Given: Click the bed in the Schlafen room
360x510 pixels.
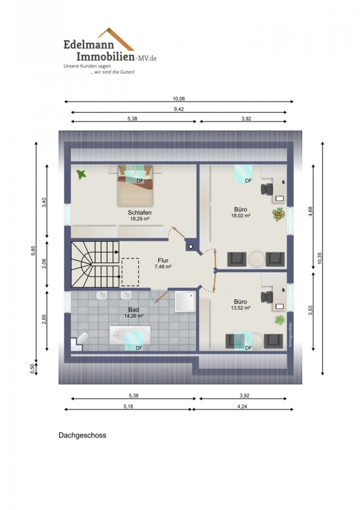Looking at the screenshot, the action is pyautogui.click(x=135, y=186).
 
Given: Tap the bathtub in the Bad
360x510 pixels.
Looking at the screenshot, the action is pyautogui.click(x=130, y=335).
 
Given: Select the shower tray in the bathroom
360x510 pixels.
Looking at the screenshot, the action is pyautogui.click(x=185, y=302).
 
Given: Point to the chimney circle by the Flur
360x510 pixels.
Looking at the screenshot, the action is pyautogui.click(x=191, y=247).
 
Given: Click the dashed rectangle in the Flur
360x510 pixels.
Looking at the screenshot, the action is pyautogui.click(x=130, y=272).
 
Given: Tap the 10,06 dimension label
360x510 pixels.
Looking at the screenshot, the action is pyautogui.click(x=179, y=99).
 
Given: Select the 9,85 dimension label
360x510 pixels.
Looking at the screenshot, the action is pyautogui.click(x=33, y=251).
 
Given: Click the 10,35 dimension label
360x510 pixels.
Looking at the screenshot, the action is pyautogui.click(x=320, y=258).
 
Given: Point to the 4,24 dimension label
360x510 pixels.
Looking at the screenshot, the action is pyautogui.click(x=242, y=406).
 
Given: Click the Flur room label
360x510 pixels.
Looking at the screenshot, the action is pyautogui.click(x=163, y=260).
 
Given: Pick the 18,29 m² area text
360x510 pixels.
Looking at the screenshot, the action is pyautogui.click(x=139, y=219).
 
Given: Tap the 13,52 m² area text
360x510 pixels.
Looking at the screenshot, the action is pyautogui.click(x=241, y=308).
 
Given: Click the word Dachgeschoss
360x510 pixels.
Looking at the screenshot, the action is pyautogui.click(x=82, y=435).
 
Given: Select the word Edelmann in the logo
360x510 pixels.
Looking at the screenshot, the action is pyautogui.click(x=89, y=44).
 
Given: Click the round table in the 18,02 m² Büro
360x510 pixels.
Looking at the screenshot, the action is pyautogui.click(x=256, y=259).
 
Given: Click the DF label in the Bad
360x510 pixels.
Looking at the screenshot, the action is pyautogui.click(x=139, y=348).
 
